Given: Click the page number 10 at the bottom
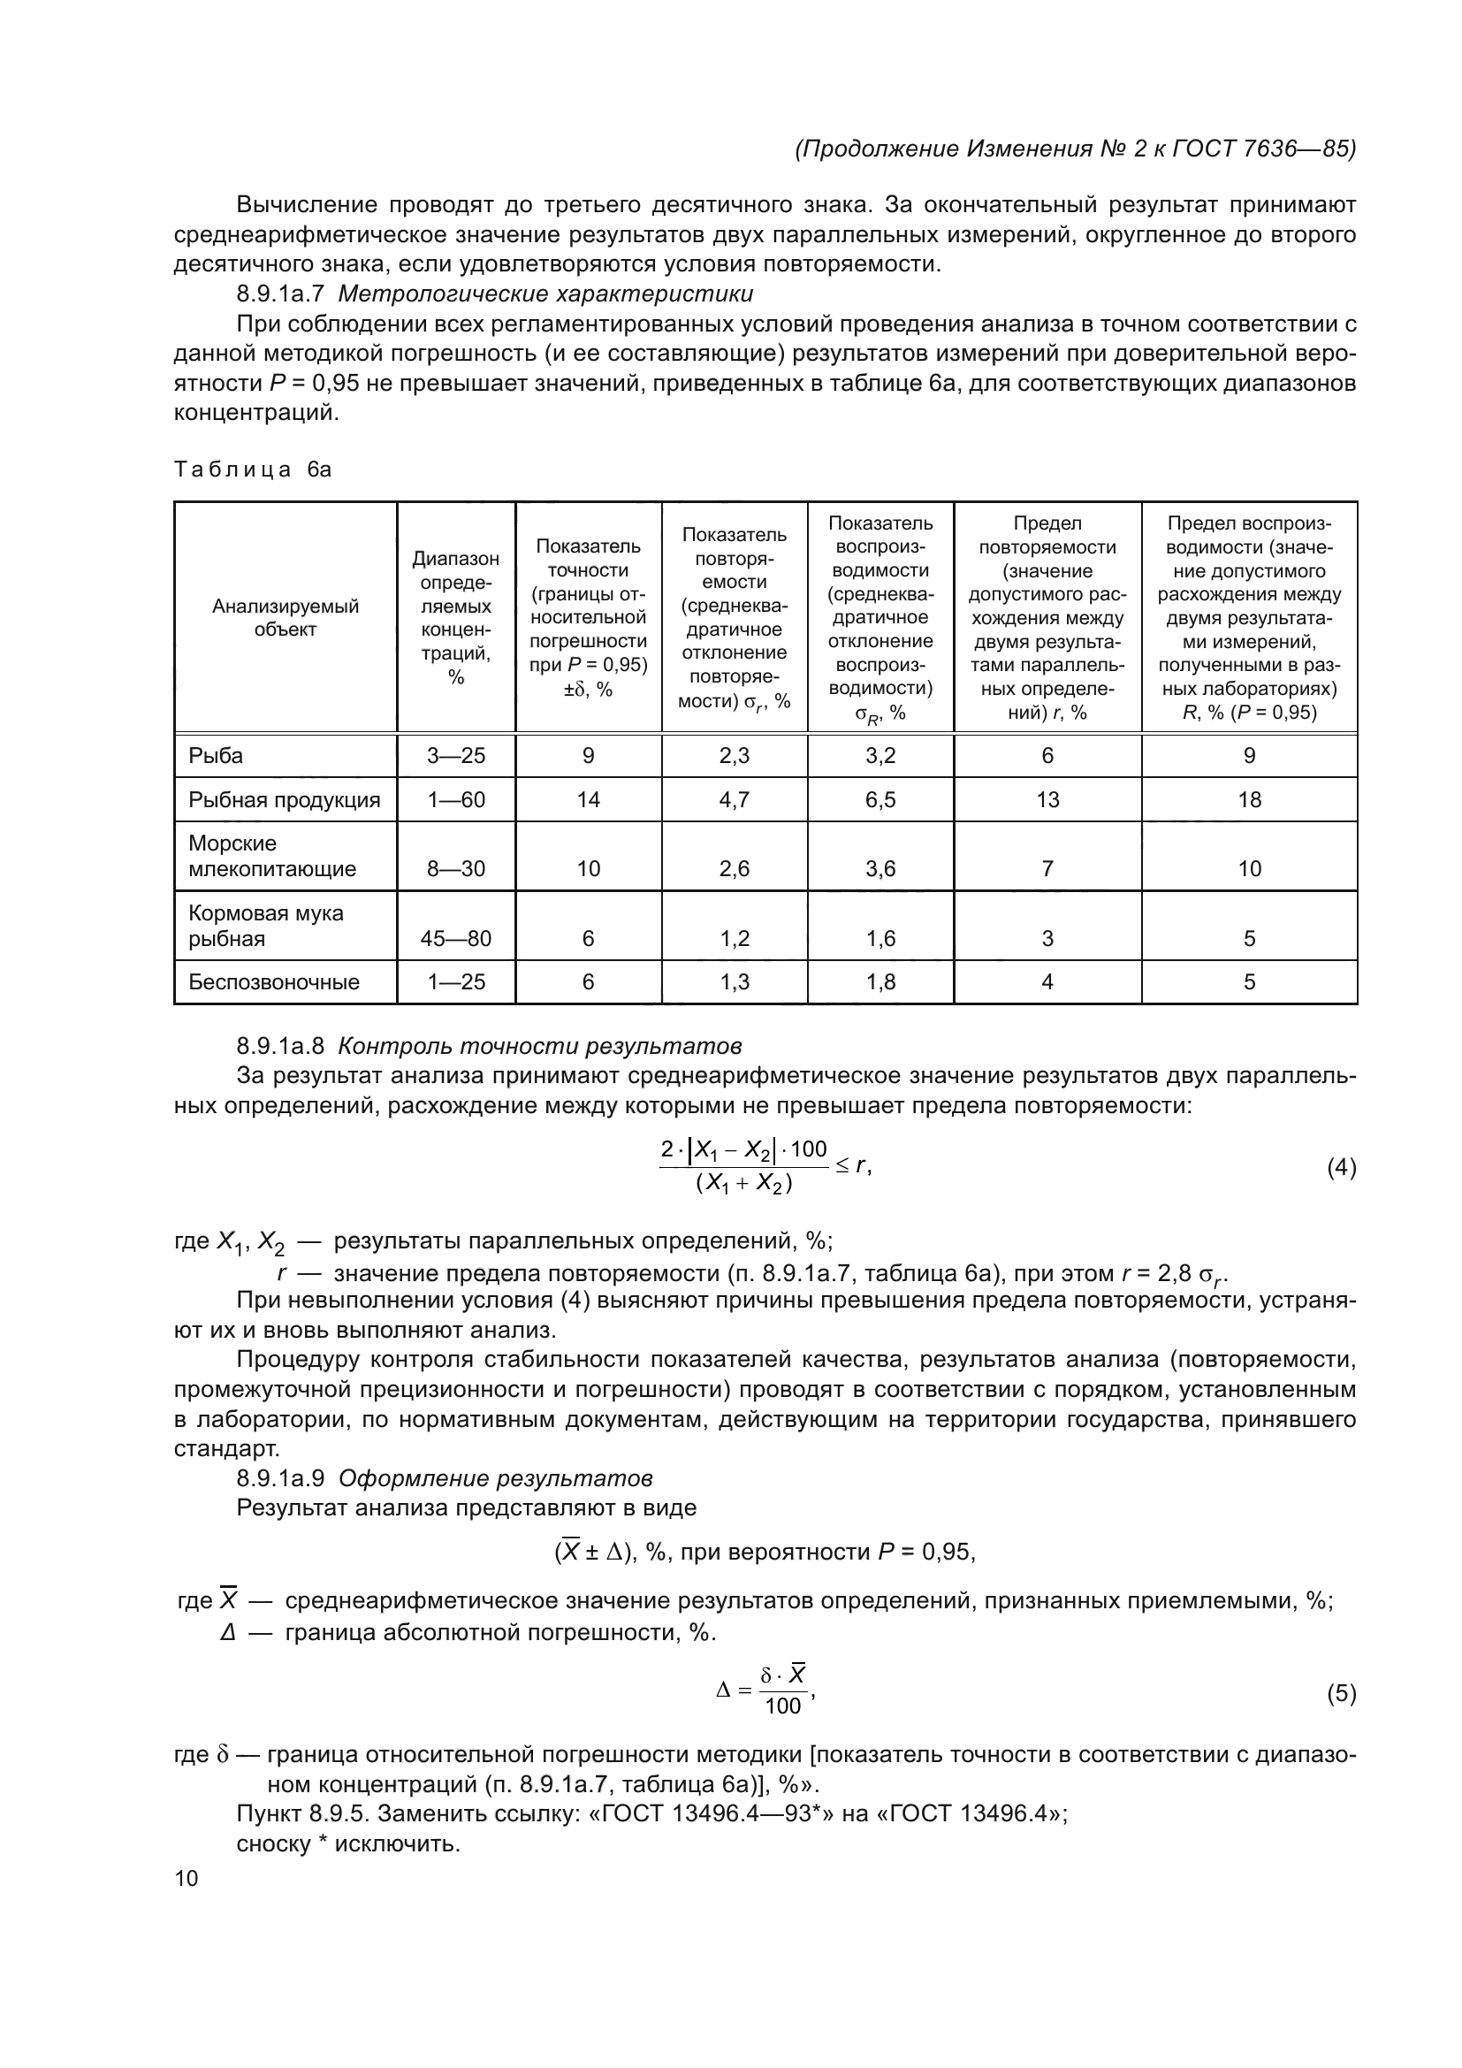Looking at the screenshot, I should pos(187,1878).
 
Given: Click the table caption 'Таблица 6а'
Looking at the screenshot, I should pos(253,469).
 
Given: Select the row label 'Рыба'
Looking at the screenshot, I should pos(216,756).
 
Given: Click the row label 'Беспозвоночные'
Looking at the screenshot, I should pos(274,981).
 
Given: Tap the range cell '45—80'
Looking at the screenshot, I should pos(455,939).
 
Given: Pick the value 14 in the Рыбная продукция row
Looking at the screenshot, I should pos(588,800).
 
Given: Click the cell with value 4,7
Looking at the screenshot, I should pos(735,800).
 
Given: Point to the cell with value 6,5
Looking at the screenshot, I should pos(880,800).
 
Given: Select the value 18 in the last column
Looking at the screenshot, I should pos(1249,800).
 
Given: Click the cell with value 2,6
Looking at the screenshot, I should pos(735,869).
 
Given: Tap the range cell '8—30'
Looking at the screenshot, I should pos(455,869).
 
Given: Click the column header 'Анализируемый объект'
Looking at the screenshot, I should pos(286,618).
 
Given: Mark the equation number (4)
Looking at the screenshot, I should pos(1341,1168).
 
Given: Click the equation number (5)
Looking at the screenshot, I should pos(1341,1694).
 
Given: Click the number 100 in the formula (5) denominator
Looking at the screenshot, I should pos(782,1706).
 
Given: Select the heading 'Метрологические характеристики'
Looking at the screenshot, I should pos(545,294).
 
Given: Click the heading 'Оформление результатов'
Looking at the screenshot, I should pos(495,1479).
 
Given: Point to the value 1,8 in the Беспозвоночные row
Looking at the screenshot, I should pos(880,981).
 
